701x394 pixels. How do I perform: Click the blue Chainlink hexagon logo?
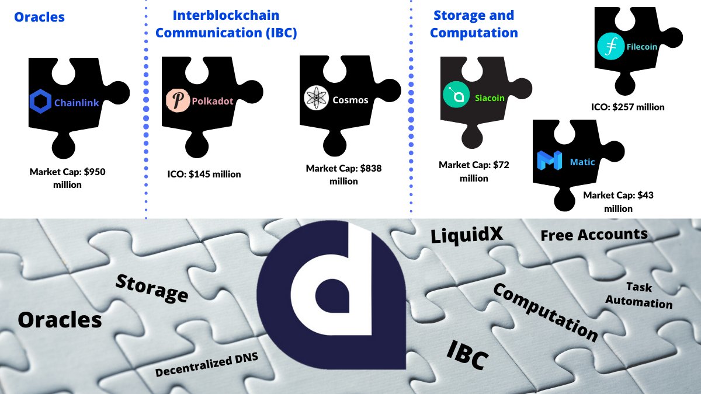(40, 103)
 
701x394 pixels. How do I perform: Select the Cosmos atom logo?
(315, 98)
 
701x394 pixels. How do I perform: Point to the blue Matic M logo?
(549, 161)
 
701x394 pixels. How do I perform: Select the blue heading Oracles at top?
(39, 17)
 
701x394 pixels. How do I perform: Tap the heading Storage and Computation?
(473, 24)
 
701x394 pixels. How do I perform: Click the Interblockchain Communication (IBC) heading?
(226, 24)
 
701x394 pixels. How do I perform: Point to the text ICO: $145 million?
(204, 174)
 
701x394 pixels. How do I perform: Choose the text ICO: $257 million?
(627, 107)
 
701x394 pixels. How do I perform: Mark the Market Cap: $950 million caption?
(68, 178)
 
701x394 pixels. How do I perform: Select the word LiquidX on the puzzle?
(467, 236)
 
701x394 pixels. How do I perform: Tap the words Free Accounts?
(594, 235)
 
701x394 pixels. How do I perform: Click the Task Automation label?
(639, 295)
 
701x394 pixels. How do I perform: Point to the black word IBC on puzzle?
(467, 355)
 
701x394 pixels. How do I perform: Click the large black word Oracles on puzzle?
(60, 319)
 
